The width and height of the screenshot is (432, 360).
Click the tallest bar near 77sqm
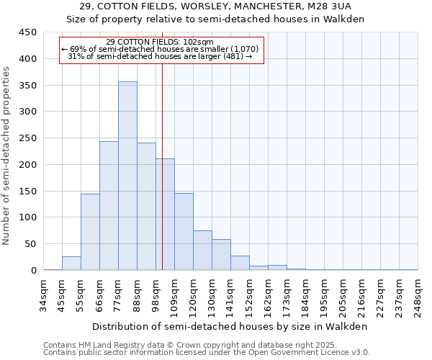[127, 176]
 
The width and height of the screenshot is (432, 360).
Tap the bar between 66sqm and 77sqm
[109, 206]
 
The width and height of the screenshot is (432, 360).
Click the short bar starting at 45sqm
[71, 264]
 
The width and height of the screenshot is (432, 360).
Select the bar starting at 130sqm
[221, 255]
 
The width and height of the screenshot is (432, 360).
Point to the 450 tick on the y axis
[27, 32]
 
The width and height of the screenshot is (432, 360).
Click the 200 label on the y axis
[27, 165]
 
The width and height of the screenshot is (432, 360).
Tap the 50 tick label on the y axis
[30, 244]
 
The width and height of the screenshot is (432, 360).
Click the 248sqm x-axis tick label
[418, 294]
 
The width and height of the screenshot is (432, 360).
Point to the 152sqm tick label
[249, 294]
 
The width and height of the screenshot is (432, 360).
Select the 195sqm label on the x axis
[324, 294]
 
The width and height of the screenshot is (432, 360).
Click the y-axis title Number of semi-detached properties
[7, 155]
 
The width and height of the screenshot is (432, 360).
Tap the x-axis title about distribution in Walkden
[230, 326]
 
